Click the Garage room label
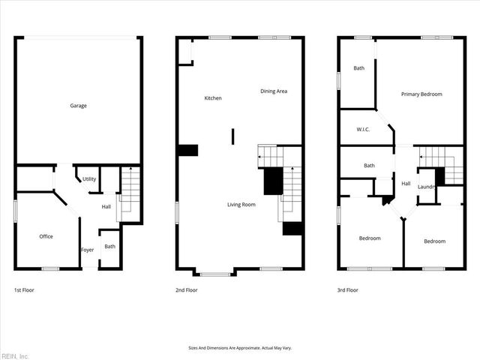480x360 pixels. coord(79,106)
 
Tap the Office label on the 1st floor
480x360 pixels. coord(46,236)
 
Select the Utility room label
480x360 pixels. coord(89,179)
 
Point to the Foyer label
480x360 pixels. coord(88,250)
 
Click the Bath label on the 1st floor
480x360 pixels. coord(110,246)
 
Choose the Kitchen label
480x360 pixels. coord(213,98)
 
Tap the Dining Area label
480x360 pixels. coord(274,91)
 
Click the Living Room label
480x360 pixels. coord(242,204)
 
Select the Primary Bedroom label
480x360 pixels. coord(421,94)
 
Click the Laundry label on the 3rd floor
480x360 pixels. coord(427,187)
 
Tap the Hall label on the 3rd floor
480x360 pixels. coord(406,184)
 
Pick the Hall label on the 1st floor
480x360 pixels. coord(106,207)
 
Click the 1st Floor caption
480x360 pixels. coord(24,289)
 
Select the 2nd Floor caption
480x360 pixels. coord(187,289)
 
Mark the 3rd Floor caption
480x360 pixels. coord(348,289)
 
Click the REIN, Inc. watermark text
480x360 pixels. coord(15,355)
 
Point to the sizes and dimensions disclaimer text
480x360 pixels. coord(240,348)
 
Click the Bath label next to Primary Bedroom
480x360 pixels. coord(359,68)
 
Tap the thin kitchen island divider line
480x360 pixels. coord(232,136)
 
